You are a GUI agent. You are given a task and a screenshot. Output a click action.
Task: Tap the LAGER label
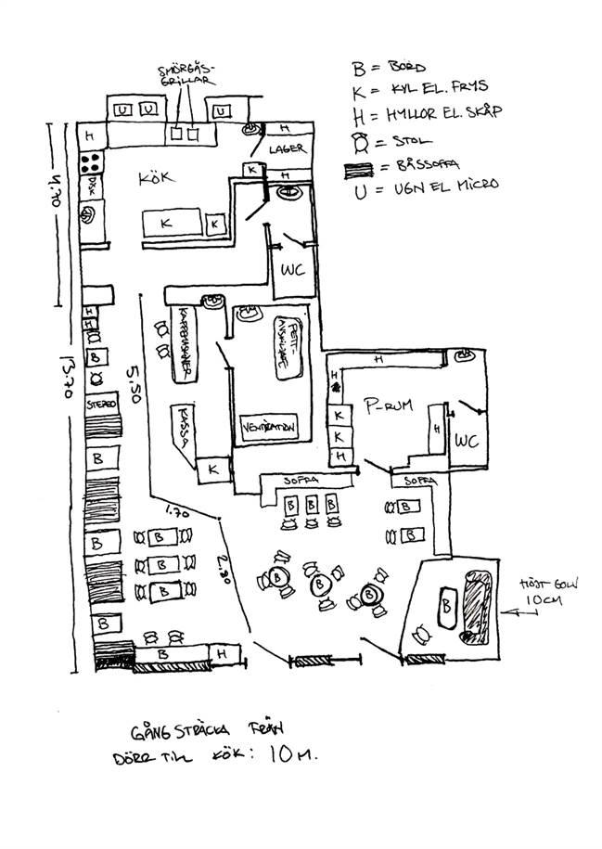[286, 149]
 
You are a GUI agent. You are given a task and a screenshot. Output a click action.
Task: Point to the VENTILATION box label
[267, 427]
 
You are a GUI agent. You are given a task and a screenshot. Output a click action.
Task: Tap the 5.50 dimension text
[133, 382]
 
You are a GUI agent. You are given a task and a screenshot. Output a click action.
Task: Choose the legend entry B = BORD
[386, 68]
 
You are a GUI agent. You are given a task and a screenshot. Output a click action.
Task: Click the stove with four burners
[91, 163]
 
